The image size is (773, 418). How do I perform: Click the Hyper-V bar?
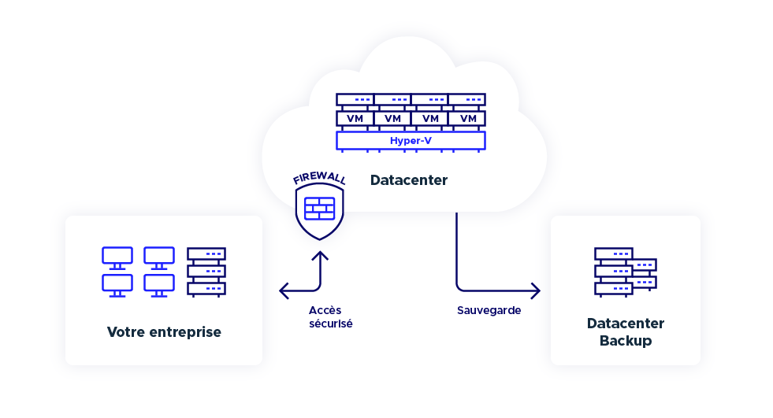(x=411, y=141)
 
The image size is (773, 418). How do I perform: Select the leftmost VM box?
(x=355, y=118)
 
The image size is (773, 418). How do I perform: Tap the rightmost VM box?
(x=468, y=118)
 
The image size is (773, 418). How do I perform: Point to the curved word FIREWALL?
(x=319, y=178)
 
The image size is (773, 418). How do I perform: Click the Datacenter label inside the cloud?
(x=409, y=180)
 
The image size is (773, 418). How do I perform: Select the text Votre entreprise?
(x=164, y=332)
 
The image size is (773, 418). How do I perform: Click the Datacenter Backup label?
(x=626, y=332)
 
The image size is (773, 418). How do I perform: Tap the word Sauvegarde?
(x=489, y=310)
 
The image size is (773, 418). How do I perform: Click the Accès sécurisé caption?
(x=331, y=316)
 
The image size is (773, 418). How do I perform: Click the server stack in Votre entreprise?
(x=206, y=272)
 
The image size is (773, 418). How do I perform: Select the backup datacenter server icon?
(x=625, y=272)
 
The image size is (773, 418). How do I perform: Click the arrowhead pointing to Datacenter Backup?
(x=536, y=291)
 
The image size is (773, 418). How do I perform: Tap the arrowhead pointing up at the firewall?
(x=320, y=257)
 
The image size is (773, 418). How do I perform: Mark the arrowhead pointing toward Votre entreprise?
(x=284, y=291)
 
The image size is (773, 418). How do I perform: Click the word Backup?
(x=626, y=341)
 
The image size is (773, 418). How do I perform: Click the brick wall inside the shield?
(x=319, y=209)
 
